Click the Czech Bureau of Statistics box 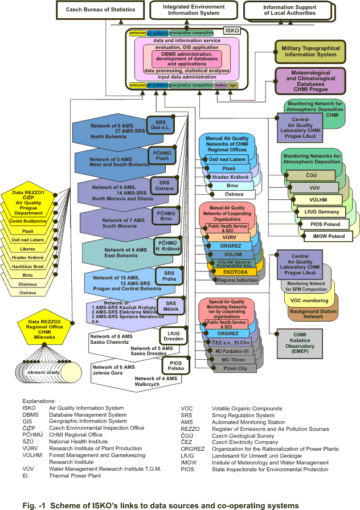100,10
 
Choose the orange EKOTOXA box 231,272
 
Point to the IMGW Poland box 328,236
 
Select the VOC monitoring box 309,301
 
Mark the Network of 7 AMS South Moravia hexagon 120,223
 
